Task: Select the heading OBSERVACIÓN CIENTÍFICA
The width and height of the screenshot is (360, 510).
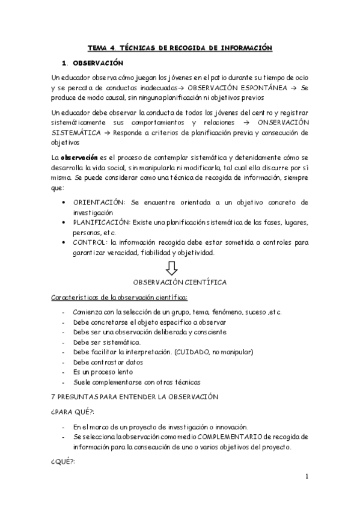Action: point(180,281)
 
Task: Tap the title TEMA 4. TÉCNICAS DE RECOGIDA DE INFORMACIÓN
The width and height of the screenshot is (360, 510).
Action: point(180,48)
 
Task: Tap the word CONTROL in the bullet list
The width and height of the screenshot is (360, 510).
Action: point(90,244)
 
